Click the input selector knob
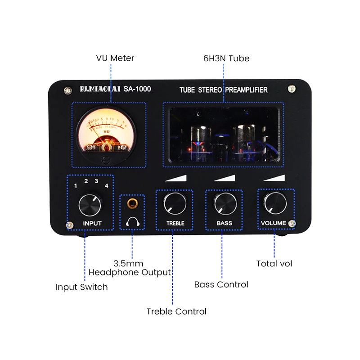(x=90, y=205)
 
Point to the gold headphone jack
(x=132, y=204)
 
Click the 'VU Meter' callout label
(x=115, y=58)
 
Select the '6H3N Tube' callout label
(x=225, y=58)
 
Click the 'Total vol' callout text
(x=274, y=264)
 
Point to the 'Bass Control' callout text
(x=221, y=284)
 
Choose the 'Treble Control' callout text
(x=176, y=311)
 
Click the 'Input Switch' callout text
(x=81, y=287)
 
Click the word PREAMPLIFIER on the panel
(x=246, y=90)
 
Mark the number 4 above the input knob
(x=107, y=185)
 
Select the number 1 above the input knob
(x=76, y=185)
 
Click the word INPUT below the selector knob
(x=92, y=223)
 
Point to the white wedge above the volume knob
(x=275, y=179)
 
